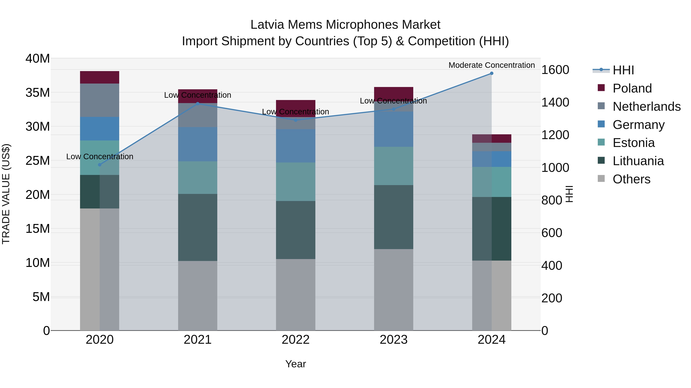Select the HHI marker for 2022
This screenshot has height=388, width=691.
[x=296, y=120]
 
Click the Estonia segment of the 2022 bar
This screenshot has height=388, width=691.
[x=296, y=182]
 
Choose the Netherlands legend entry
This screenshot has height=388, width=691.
[x=646, y=106]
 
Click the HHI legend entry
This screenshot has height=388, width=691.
[x=623, y=70]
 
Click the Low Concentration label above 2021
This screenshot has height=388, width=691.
[x=198, y=95]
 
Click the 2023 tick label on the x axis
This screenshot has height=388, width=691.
[x=393, y=340]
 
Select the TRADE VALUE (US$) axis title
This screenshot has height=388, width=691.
[x=6, y=194]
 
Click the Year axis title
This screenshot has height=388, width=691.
[x=296, y=364]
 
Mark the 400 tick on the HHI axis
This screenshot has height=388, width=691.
[x=551, y=265]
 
